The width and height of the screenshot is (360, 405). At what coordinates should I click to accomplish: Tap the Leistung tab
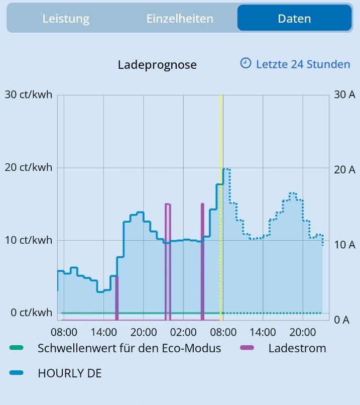coord(66,19)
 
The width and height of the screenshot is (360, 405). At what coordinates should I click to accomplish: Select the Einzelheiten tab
coord(180,19)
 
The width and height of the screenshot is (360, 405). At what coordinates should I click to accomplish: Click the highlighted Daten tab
coord(294,19)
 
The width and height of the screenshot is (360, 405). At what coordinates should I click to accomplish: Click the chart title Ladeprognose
coord(157,65)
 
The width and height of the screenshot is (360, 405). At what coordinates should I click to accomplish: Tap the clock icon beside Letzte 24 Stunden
coord(246,63)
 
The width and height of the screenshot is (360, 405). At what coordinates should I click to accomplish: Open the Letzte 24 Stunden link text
coord(303,64)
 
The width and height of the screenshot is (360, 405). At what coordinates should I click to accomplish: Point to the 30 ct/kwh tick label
coord(29,94)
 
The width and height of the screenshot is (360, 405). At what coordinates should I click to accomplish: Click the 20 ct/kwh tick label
coord(29,167)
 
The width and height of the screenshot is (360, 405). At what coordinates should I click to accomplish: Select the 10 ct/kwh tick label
coord(29,240)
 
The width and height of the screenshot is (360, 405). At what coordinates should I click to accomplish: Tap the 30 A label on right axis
coord(344,94)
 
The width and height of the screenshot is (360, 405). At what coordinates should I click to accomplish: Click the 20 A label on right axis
coord(344,170)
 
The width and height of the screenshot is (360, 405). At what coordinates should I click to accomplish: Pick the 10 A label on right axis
coord(344,245)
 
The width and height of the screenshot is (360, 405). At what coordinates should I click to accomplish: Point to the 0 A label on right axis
coord(341,320)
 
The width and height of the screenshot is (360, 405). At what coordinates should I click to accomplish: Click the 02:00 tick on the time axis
coord(183,332)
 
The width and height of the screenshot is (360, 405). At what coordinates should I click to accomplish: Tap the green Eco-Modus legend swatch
coord(17,348)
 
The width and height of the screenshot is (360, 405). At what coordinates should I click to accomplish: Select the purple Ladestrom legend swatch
coord(248,348)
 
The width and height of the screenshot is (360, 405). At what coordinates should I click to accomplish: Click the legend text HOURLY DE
coord(69,373)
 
